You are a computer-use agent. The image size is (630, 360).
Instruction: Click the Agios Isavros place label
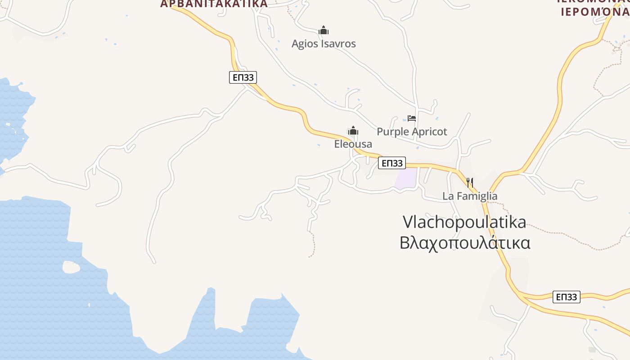[x=324, y=44]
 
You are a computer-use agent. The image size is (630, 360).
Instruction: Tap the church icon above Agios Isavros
[x=324, y=31]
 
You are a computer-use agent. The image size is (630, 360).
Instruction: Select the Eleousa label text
[x=353, y=144]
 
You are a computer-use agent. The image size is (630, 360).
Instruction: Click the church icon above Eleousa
[x=353, y=131]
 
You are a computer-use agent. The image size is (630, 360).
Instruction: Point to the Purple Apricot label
[x=412, y=131]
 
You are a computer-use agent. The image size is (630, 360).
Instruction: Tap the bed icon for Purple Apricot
[x=412, y=118]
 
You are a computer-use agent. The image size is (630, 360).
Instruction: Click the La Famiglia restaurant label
[x=470, y=196]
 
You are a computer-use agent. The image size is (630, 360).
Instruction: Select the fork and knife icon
[x=470, y=182]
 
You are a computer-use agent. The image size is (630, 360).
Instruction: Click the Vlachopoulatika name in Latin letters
[x=464, y=222]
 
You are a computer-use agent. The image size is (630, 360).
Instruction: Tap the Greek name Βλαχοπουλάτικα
[x=465, y=243]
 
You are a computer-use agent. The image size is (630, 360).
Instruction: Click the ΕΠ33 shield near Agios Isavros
[x=243, y=77]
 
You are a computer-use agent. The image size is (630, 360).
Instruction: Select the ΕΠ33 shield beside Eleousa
[x=391, y=163]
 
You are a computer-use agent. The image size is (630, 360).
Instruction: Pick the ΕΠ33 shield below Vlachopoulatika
[x=566, y=297]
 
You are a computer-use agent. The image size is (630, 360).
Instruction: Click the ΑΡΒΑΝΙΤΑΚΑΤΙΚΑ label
[x=214, y=4]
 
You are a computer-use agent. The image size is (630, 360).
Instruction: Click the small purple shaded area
[x=405, y=178]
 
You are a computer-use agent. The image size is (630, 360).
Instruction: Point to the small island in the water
[x=71, y=267]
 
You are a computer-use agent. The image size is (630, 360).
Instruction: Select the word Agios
[x=303, y=44]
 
